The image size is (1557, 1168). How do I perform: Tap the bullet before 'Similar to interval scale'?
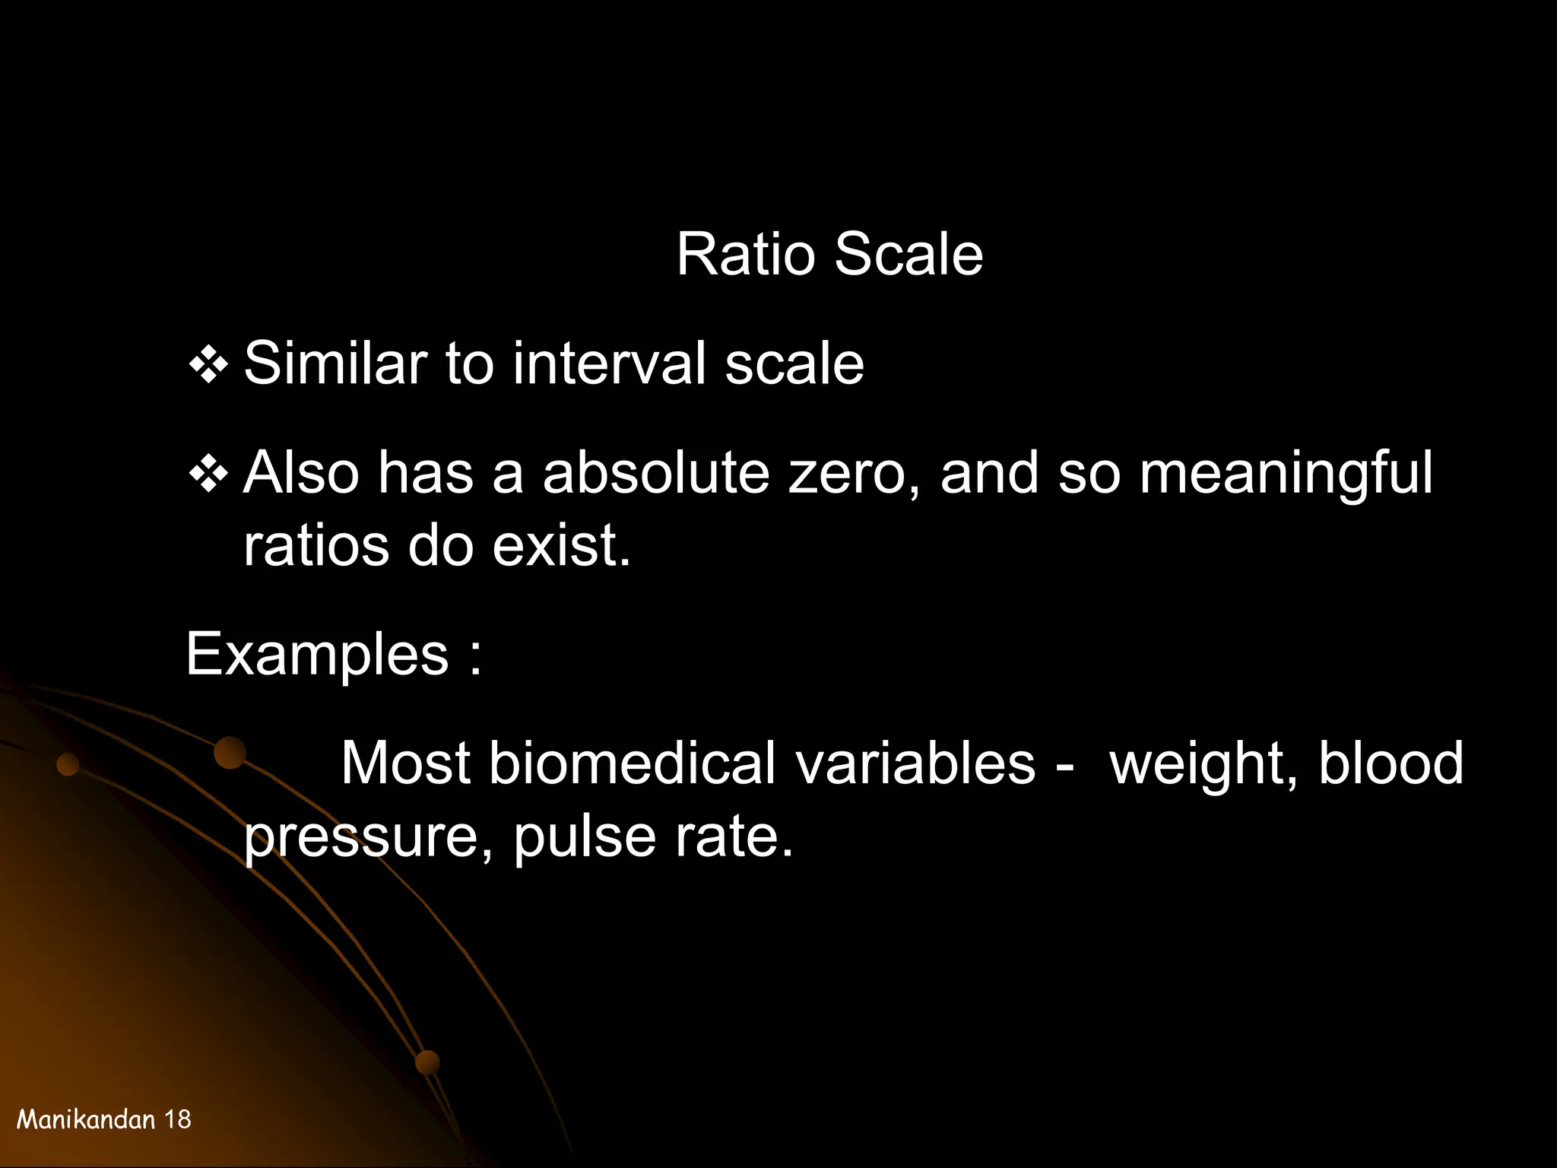click(208, 367)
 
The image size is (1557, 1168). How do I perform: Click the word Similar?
click(335, 363)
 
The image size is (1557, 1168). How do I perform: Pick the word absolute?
click(655, 473)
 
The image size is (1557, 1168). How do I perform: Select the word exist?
click(561, 546)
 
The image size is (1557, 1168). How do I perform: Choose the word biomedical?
click(632, 763)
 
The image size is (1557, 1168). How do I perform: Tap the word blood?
click(1391, 763)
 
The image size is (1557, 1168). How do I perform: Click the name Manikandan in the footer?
click(86, 1119)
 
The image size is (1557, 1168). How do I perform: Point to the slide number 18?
click(178, 1119)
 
